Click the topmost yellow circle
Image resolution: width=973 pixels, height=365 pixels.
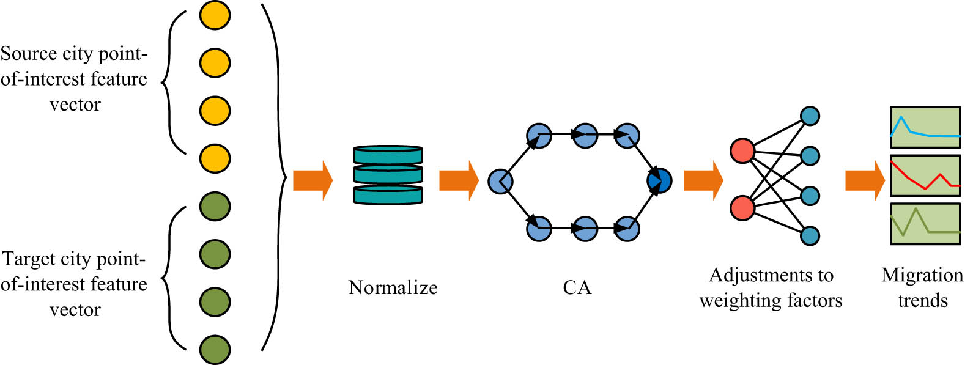(215, 15)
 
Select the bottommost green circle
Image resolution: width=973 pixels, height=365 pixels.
(215, 350)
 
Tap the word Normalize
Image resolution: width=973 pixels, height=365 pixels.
(393, 287)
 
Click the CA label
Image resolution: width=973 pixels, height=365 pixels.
(577, 287)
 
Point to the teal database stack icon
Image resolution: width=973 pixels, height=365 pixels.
(388, 175)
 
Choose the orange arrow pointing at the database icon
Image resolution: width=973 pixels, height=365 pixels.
(312, 180)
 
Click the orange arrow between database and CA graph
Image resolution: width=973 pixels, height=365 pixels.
(458, 180)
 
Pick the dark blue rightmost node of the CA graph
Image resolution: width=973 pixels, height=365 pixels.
(659, 181)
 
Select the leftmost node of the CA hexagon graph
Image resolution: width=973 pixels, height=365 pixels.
(500, 182)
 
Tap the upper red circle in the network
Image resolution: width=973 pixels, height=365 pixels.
(742, 151)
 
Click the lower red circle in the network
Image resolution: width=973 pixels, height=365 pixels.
(742, 208)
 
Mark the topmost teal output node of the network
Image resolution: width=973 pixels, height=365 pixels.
(810, 116)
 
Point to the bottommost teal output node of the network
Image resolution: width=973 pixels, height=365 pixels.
(810, 235)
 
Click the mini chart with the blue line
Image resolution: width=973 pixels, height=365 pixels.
(925, 128)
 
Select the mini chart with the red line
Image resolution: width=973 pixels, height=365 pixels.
(925, 175)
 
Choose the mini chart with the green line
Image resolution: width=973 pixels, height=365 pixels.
(925, 224)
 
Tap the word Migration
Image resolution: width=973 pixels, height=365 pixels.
(922, 275)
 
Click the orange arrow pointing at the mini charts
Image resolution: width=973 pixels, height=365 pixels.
(864, 180)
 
